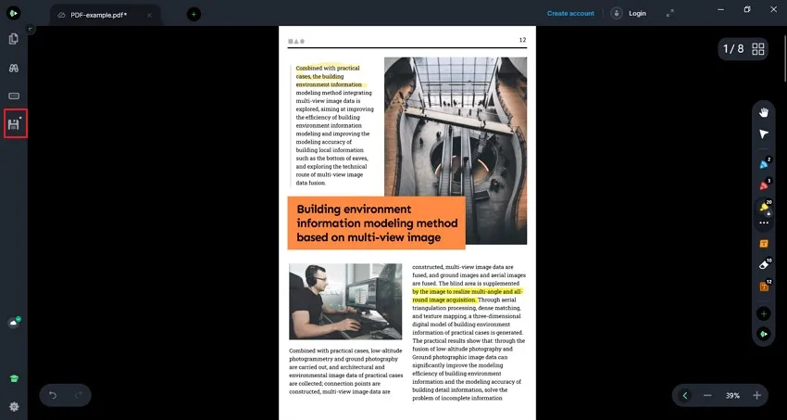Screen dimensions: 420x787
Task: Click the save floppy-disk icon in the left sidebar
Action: (14, 123)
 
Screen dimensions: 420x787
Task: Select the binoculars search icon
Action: (14, 68)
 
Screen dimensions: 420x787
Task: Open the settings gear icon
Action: (14, 406)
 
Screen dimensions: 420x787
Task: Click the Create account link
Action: (570, 14)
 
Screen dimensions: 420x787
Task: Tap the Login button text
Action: (637, 14)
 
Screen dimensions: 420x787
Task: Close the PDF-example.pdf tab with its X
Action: (149, 15)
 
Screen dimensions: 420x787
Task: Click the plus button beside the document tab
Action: (194, 15)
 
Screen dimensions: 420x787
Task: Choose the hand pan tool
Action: (764, 112)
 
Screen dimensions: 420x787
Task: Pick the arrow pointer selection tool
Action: (764, 134)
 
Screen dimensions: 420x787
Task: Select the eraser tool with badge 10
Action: (764, 265)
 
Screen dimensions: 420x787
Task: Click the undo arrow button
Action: (53, 396)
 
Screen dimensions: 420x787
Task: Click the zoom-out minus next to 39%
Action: (707, 396)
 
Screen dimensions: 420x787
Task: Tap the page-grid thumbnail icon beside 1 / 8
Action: (758, 49)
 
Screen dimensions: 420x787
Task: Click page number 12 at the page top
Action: (522, 40)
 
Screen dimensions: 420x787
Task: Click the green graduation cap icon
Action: (14, 379)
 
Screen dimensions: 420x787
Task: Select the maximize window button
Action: (747, 9)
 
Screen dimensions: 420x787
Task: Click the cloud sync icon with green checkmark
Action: (14, 323)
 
